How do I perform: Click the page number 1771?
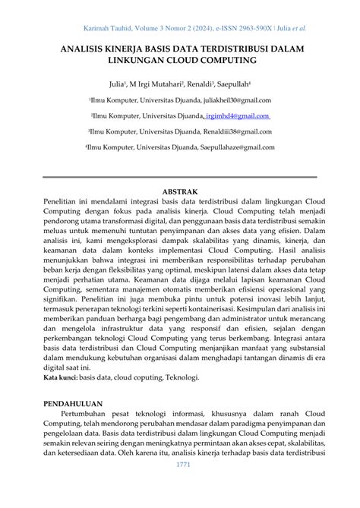(182, 485)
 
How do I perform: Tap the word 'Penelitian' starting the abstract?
(64, 204)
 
